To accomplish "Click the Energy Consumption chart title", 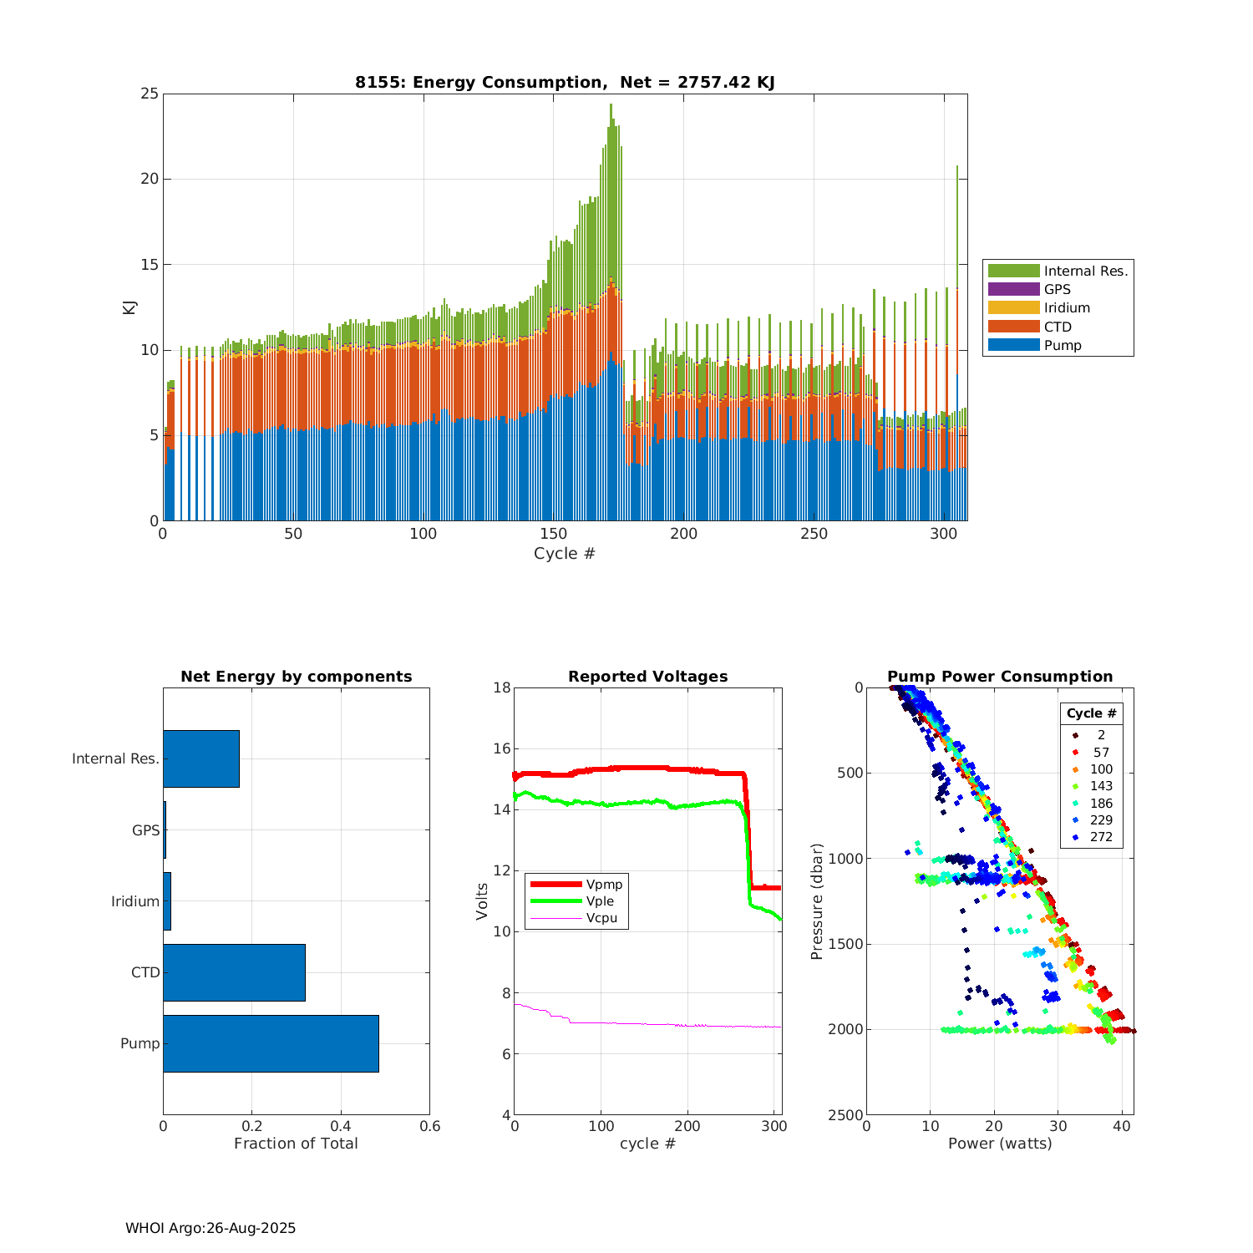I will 565,82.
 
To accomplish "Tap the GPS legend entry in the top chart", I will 1057,289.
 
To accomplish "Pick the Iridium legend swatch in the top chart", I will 1013,307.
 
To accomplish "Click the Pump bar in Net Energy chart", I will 271,1043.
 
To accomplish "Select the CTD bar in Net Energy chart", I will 234,972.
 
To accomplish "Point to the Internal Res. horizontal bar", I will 201,758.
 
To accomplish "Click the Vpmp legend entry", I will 604,884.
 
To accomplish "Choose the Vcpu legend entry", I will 601,918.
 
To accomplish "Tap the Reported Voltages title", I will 647,677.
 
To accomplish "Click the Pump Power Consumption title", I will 1000,677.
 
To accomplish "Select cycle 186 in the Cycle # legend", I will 1101,803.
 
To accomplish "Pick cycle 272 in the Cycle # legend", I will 1101,837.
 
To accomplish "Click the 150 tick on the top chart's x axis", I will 554,534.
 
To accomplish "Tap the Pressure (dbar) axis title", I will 817,901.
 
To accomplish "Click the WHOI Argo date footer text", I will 211,1228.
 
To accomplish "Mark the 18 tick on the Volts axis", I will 501,687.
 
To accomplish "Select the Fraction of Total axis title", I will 296,1144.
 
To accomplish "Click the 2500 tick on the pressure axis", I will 845,1115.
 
